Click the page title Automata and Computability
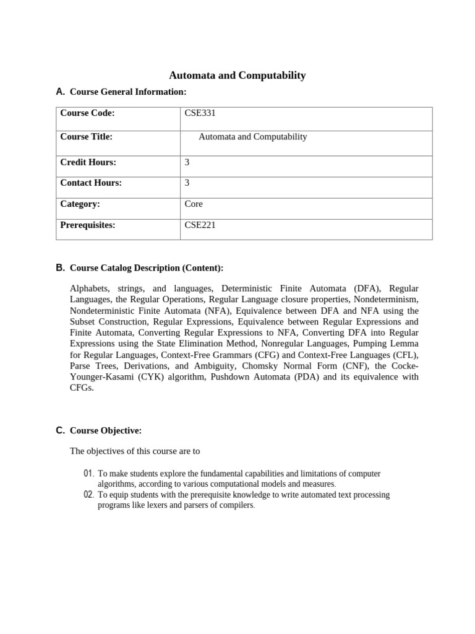tap(237, 76)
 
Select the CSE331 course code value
tap(200, 113)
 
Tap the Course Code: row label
tap(87, 113)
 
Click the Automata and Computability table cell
tap(252, 137)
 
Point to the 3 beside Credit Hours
tap(187, 162)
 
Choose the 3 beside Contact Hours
tap(187, 183)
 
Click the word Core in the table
tap(194, 204)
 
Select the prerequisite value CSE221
tap(200, 225)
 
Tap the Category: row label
tap(80, 204)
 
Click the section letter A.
tap(60, 92)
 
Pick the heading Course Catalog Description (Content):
tap(147, 268)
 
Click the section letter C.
tap(60, 430)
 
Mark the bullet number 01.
tap(88, 474)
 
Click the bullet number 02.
tap(88, 495)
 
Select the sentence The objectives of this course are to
tap(135, 451)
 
